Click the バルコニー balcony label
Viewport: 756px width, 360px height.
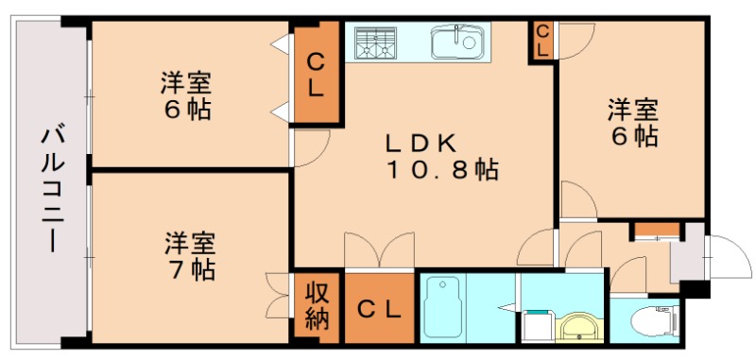click(49, 189)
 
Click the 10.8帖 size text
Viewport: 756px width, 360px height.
click(440, 171)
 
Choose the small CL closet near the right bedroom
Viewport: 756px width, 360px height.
click(542, 41)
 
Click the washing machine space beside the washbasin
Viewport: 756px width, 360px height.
click(536, 325)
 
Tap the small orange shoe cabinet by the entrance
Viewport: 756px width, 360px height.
click(656, 230)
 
